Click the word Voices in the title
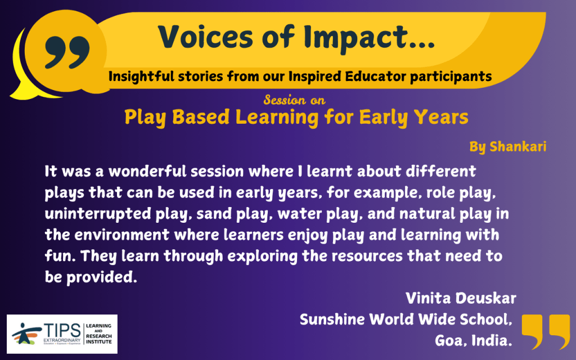coord(205,37)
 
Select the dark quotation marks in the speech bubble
coord(67,52)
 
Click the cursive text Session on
coord(295,100)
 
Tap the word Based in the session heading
coord(201,117)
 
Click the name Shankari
coord(518,147)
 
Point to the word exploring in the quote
coord(262,256)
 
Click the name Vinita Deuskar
coord(461,298)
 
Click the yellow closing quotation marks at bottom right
coord(546,331)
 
